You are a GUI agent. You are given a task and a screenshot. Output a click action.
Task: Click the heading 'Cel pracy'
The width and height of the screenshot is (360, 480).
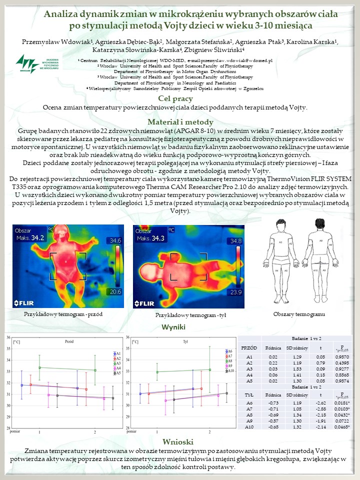click(x=179, y=98)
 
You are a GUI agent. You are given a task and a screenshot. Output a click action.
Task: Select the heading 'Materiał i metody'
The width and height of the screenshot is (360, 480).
click(x=180, y=122)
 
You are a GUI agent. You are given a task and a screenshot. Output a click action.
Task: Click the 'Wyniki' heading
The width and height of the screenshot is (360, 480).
click(x=173, y=327)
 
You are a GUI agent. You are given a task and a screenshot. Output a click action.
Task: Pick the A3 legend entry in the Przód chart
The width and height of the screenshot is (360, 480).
click(x=118, y=363)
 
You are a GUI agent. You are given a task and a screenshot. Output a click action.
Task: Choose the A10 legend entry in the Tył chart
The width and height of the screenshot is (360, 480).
click(x=230, y=371)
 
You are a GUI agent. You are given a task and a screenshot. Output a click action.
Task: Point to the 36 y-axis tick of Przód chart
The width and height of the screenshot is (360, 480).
click(x=8, y=337)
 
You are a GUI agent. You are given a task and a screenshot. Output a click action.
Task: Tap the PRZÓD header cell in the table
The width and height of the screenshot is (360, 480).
click(x=249, y=347)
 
